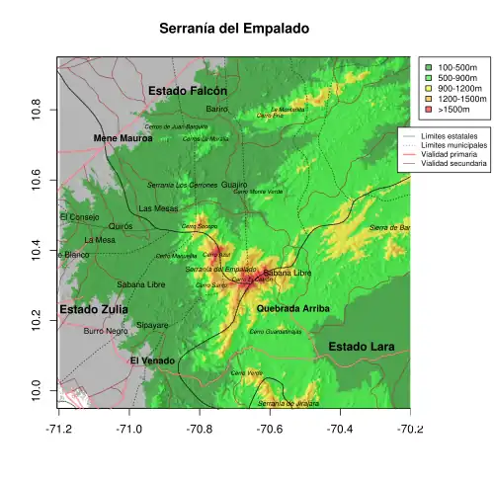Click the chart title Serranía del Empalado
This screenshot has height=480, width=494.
[234, 30]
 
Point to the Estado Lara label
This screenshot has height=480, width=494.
[361, 347]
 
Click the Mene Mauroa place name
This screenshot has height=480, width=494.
[123, 139]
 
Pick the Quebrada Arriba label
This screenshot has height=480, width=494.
[292, 309]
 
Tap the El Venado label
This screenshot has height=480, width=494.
[152, 361]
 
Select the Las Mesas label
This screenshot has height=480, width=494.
[159, 209]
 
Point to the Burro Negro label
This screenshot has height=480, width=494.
[106, 332]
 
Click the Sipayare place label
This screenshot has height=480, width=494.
[152, 325]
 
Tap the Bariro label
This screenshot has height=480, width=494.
[216, 109]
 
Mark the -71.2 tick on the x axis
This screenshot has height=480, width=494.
[58, 429]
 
